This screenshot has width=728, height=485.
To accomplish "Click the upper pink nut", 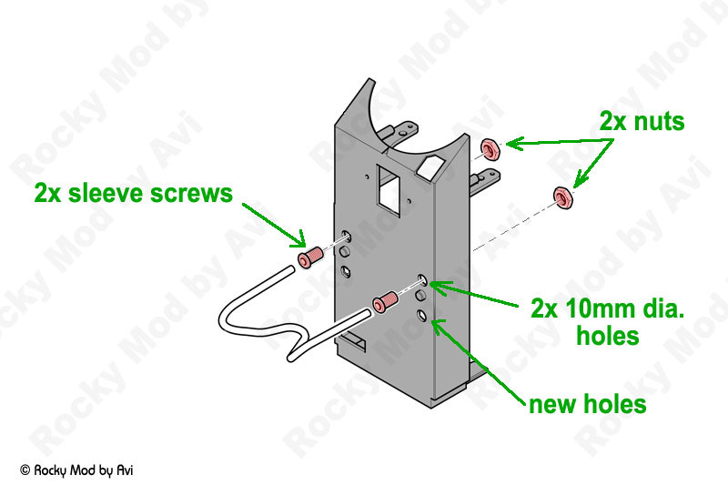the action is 490,149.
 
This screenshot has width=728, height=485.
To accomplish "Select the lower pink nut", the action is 563,197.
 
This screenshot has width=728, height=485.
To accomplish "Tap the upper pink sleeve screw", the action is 309,258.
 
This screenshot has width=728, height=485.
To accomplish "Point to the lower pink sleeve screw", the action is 385,301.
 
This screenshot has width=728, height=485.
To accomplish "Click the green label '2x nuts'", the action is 642,122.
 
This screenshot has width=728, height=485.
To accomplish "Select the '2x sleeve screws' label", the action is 133,193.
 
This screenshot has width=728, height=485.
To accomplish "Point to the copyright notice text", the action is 76,470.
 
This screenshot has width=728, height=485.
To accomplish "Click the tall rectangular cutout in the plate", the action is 389,190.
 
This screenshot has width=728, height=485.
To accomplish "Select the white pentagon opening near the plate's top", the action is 430,167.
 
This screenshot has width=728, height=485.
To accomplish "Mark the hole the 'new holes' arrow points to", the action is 421,316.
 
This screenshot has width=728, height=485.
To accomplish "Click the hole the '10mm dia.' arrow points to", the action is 422,280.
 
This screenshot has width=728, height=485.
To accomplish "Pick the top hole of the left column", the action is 347,236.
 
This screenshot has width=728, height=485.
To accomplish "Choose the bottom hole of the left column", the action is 346,271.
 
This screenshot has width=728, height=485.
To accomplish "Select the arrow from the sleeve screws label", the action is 274,225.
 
